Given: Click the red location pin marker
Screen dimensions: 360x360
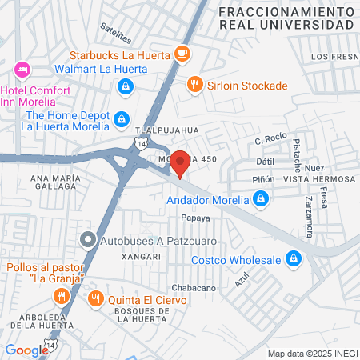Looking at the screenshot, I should (181, 162).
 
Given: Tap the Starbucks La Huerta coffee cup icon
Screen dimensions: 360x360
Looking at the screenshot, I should (183, 54).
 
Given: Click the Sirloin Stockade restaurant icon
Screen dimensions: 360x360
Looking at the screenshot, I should (194, 85).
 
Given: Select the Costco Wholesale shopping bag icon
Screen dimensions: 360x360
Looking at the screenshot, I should (294, 259).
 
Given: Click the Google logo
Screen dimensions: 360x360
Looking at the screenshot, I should (26, 350).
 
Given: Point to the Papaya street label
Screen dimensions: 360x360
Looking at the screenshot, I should (195, 218).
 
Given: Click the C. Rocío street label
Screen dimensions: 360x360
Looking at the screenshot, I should (270, 140).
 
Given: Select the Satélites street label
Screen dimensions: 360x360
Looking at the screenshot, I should (116, 31).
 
